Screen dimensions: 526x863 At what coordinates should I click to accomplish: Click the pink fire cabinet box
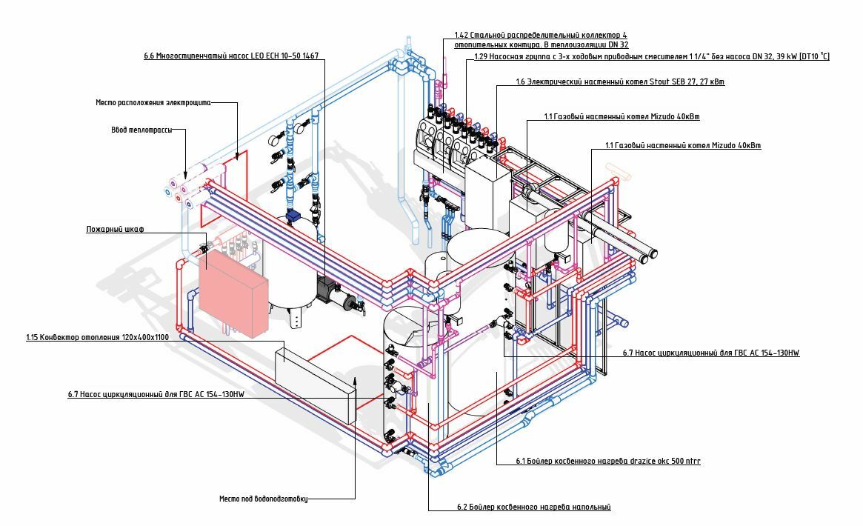[x=233, y=293]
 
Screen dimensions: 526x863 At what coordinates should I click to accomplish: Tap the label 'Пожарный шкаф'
[x=115, y=230]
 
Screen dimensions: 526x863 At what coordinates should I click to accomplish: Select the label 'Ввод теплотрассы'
[x=141, y=130]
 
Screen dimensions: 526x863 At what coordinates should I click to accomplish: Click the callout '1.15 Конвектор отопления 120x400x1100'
[x=97, y=337]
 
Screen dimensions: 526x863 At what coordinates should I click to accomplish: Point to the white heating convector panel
[x=315, y=382]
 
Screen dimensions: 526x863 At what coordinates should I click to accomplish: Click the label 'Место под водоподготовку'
[x=263, y=499]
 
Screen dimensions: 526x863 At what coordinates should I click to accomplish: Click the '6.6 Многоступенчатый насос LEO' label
[x=231, y=56]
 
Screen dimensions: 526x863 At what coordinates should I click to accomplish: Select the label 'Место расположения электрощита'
[x=153, y=102]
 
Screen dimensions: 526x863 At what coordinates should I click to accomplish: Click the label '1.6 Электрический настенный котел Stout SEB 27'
[x=620, y=82]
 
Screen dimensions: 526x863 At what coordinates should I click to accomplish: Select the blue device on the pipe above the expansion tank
[x=293, y=216]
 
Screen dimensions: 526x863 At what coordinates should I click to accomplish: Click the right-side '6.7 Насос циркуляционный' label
[x=711, y=353]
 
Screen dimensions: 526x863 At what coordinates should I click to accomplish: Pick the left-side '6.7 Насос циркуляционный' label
[x=156, y=394]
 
